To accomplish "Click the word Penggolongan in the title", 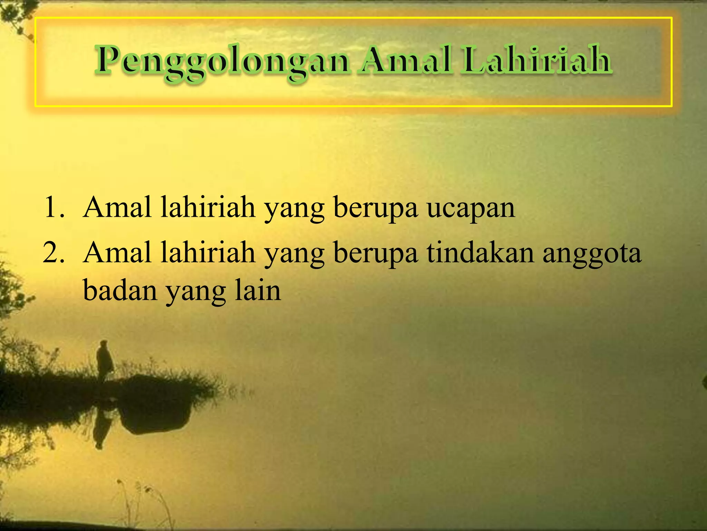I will (x=223, y=62).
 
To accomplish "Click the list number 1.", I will (x=54, y=207).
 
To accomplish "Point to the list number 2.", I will (x=54, y=253).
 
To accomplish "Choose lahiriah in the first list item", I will (x=208, y=207).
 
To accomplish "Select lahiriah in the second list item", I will (x=208, y=253).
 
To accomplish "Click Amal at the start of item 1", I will (x=117, y=207).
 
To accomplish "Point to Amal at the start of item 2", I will (x=117, y=253).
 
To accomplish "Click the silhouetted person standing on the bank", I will (x=104, y=360).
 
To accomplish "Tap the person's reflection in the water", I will (x=101, y=429).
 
